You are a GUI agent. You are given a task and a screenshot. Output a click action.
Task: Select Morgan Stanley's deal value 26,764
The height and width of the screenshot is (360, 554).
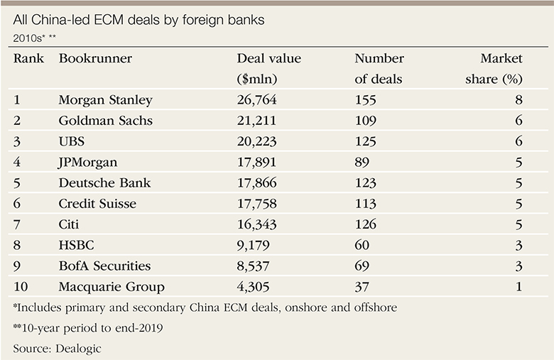pyautogui.click(x=259, y=100)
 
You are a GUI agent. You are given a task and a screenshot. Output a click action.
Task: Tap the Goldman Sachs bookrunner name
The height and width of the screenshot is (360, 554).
pyautogui.click(x=105, y=121)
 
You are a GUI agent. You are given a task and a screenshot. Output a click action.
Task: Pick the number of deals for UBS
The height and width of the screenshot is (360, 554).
pyautogui.click(x=366, y=141)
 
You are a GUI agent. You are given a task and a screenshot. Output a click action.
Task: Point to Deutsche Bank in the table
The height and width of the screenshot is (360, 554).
pyautogui.click(x=104, y=183)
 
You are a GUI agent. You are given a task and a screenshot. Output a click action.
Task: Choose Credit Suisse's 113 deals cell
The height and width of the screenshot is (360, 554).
pyautogui.click(x=365, y=204)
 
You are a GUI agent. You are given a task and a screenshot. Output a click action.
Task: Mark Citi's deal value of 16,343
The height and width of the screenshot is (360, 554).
pyautogui.click(x=259, y=224)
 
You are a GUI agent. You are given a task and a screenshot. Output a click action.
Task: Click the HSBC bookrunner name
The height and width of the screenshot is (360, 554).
pyautogui.click(x=76, y=246)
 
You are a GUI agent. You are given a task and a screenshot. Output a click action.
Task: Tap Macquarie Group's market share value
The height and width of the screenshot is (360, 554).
pyautogui.click(x=518, y=287)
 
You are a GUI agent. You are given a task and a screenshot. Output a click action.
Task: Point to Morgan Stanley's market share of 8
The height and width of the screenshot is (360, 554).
pyautogui.click(x=518, y=100)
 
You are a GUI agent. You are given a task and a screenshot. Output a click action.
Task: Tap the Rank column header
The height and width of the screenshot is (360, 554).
pyautogui.click(x=27, y=59)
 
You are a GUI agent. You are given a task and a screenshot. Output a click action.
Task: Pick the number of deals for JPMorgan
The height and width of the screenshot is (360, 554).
pyautogui.click(x=363, y=163)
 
